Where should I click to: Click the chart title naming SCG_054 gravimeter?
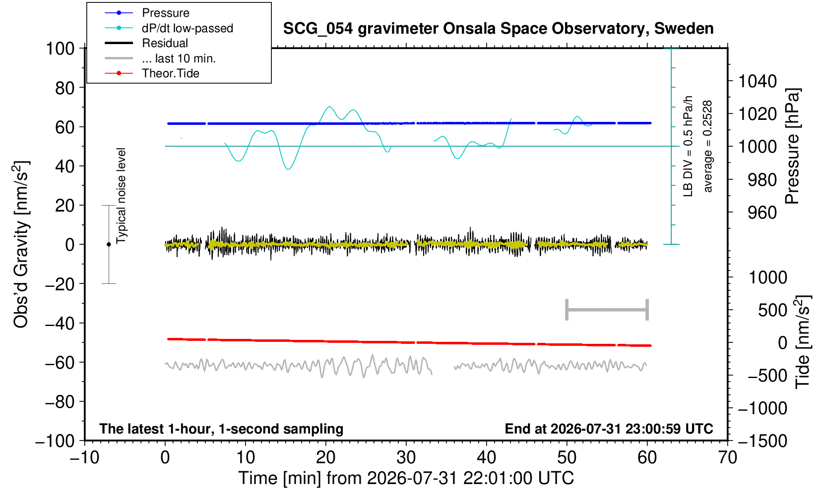498,29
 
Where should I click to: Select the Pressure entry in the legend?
166,13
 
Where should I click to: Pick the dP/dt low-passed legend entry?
188,28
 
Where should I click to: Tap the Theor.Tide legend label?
171,73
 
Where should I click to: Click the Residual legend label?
165,43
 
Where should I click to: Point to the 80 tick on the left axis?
65,88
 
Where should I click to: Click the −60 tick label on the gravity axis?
60,363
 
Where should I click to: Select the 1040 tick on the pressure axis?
757,81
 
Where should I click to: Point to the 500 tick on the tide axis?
772,311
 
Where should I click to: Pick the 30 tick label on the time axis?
406,458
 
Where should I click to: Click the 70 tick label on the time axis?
727,458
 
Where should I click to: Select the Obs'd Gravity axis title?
20,244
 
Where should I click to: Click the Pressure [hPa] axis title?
793,146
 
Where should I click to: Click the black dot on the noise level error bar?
109,244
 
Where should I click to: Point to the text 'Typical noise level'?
121,196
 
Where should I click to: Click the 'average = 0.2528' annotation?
707,146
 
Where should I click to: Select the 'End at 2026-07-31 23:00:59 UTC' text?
609,429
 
